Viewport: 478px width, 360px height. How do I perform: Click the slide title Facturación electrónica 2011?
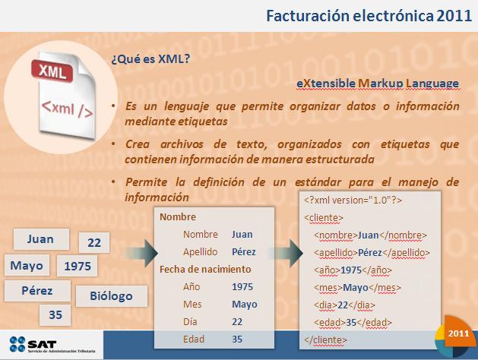(364, 16)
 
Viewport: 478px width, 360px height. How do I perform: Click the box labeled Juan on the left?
(40, 238)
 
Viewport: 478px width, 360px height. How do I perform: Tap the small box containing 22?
(94, 243)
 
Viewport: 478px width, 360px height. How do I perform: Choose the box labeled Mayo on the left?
(27, 265)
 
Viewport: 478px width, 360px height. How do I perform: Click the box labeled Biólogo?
(110, 295)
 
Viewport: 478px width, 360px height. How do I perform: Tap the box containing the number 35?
(55, 314)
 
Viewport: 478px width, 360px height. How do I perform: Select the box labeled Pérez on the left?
(36, 291)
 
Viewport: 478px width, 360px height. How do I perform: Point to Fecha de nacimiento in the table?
(205, 269)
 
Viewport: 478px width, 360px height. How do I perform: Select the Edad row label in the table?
(194, 339)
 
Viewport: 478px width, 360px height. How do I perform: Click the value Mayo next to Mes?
(244, 304)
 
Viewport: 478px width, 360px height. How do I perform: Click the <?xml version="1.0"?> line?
(353, 200)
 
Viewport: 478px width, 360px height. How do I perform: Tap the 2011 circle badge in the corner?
(457, 335)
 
